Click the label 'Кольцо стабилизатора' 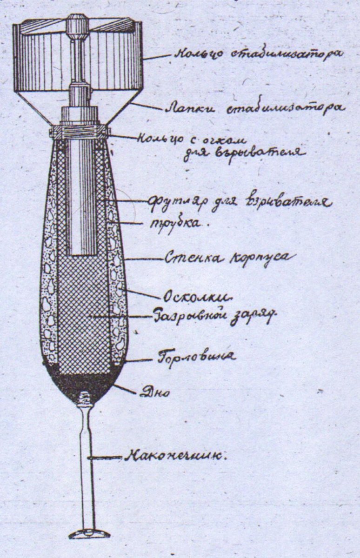pyautogui.click(x=258, y=53)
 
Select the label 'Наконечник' pyautogui.click(x=175, y=456)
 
